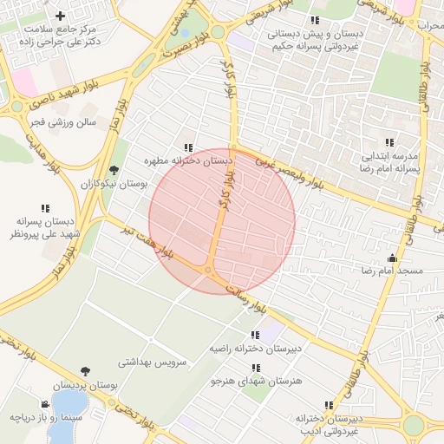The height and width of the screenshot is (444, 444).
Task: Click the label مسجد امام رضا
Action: [393, 271]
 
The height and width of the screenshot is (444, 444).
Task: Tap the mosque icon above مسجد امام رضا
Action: [392, 258]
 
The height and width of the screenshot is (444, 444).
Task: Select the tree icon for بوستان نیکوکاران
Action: [114, 170]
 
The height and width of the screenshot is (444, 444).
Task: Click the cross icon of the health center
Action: [60, 16]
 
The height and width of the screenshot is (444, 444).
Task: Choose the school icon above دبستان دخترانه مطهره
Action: [188, 147]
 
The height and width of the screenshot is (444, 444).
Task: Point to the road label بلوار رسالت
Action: [248, 296]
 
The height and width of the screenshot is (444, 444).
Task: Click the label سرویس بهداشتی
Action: [153, 365]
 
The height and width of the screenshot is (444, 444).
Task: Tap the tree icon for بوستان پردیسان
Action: [84, 371]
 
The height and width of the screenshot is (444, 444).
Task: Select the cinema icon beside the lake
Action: [45, 404]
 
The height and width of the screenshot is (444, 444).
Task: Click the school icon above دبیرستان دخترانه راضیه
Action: [255, 335]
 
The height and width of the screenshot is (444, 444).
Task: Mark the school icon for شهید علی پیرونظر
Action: [45, 208]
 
